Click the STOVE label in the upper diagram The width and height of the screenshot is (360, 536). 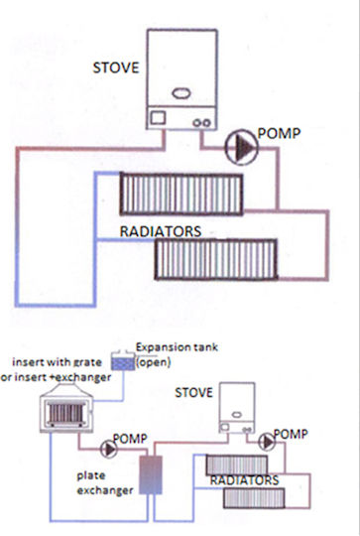coord(116,67)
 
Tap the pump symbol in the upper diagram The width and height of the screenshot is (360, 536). coord(242,147)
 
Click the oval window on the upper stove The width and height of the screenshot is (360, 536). coord(181,93)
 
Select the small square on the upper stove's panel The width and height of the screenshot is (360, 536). coord(158,118)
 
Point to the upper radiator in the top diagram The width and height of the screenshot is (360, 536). coord(181,194)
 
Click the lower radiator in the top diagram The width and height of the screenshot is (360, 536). coord(216,260)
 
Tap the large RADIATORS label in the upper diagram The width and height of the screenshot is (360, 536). coord(161,231)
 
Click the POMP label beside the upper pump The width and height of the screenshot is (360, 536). coord(279,133)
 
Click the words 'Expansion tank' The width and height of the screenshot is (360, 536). coord(177,347)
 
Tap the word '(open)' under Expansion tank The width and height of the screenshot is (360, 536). coord(154,362)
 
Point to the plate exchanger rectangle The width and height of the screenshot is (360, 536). coord(151,474)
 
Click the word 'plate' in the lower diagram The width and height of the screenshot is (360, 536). coord(91,475)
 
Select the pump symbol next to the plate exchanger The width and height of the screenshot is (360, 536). coord(109,449)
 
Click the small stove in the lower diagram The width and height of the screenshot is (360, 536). coord(237,408)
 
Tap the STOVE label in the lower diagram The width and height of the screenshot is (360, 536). coord(193,392)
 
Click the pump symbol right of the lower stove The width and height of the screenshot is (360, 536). coord(267,443)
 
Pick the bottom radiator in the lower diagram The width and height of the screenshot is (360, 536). coord(254,497)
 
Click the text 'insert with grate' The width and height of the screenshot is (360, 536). coord(58,362)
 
